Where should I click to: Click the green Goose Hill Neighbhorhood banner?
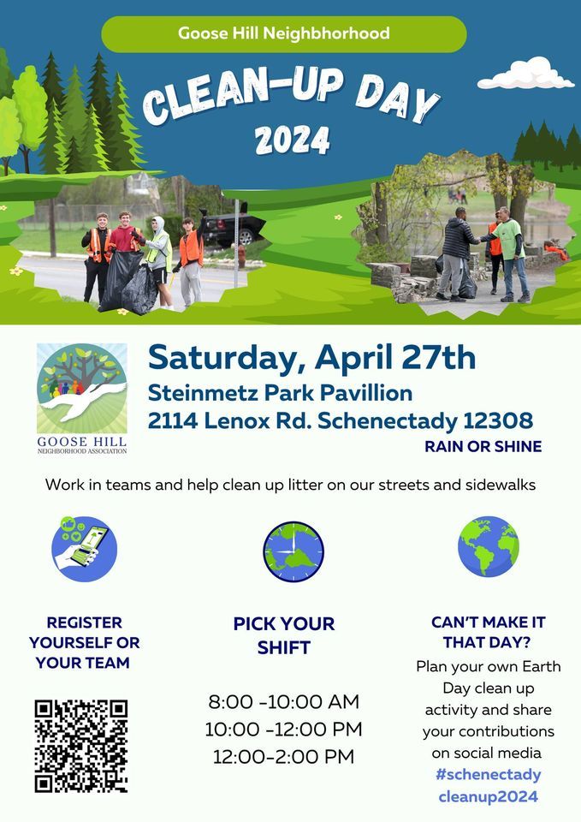pyautogui.click(x=283, y=34)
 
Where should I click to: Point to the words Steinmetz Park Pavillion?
pyautogui.click(x=280, y=394)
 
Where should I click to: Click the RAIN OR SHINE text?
pyautogui.click(x=483, y=447)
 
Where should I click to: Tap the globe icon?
pyautogui.click(x=488, y=546)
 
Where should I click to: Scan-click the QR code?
pyautogui.click(x=81, y=746)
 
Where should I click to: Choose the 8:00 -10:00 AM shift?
pyautogui.click(x=283, y=703)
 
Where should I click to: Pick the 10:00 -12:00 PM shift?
pyautogui.click(x=283, y=730)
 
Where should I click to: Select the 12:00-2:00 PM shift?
pyautogui.click(x=283, y=757)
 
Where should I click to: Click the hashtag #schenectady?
pyautogui.click(x=488, y=774)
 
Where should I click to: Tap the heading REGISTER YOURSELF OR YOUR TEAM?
pyautogui.click(x=84, y=642)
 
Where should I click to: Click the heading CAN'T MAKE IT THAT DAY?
pyautogui.click(x=488, y=632)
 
